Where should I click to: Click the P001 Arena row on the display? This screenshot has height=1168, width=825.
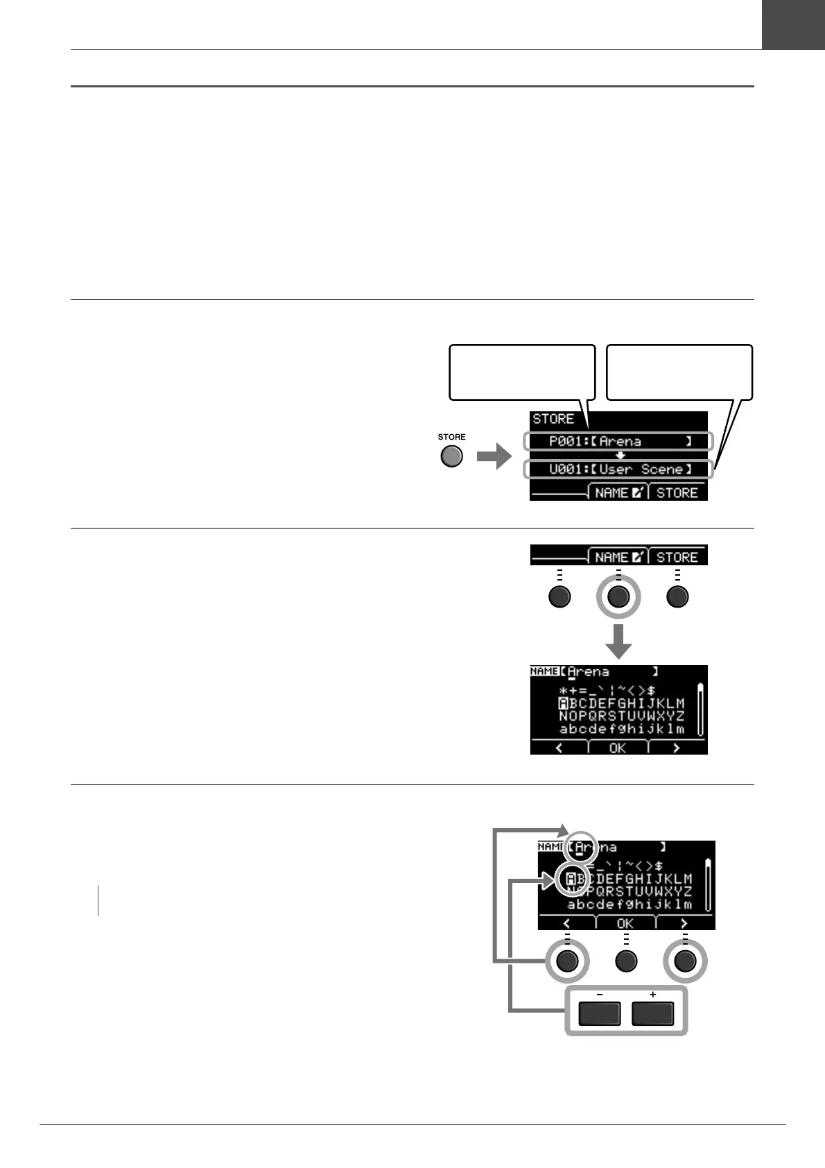pyautogui.click(x=618, y=441)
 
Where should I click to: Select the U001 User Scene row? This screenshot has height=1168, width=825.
pyautogui.click(x=618, y=469)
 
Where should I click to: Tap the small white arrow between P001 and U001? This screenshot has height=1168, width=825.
pyautogui.click(x=620, y=455)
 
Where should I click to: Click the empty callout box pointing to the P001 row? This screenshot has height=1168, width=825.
pyautogui.click(x=522, y=372)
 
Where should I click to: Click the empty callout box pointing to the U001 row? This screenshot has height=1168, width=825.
pyautogui.click(x=679, y=372)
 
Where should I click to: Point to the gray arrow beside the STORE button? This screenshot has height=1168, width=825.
pyautogui.click(x=494, y=458)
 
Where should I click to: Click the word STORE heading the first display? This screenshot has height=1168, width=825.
pyautogui.click(x=553, y=419)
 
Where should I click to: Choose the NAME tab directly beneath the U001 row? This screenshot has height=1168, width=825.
pyautogui.click(x=618, y=492)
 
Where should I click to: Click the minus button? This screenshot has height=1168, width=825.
pyautogui.click(x=599, y=1015)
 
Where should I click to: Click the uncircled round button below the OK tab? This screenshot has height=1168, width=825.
pyautogui.click(x=625, y=961)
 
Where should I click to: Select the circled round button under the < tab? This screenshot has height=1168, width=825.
pyautogui.click(x=567, y=961)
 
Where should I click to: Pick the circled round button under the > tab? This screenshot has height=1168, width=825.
pyautogui.click(x=685, y=961)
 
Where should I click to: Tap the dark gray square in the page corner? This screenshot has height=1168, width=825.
pyautogui.click(x=793, y=24)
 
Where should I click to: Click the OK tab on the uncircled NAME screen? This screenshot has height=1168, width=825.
pyautogui.click(x=617, y=748)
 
